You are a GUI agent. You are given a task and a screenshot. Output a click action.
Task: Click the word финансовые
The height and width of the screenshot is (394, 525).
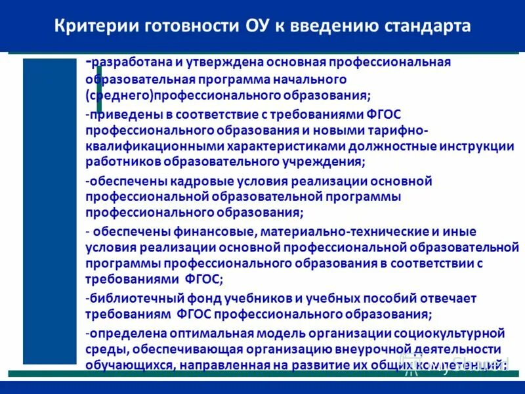(x=215, y=232)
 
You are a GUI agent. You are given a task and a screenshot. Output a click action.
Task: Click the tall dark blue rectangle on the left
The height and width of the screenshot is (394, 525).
(x=49, y=210)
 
